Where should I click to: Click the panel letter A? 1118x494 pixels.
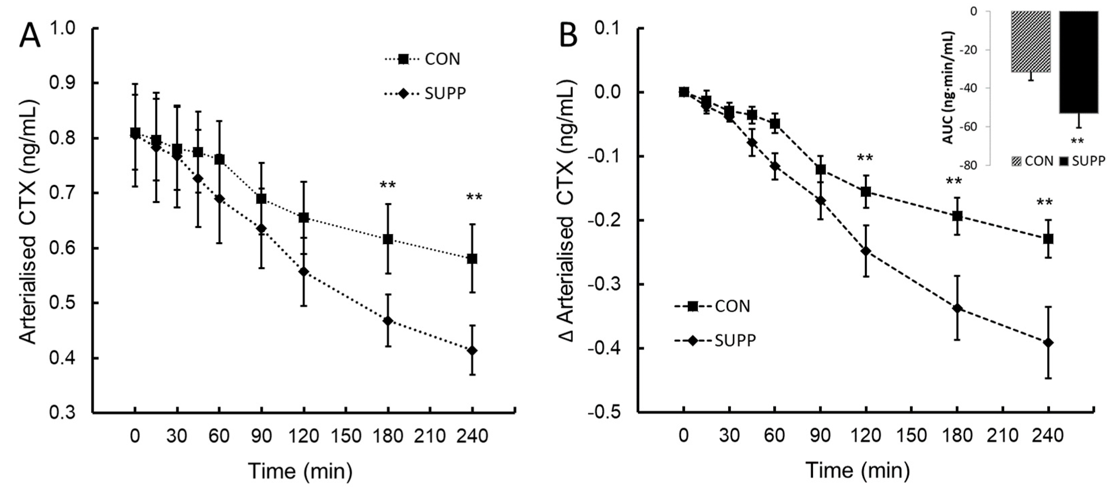click(x=30, y=36)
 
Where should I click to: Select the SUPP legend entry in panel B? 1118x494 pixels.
click(x=735, y=340)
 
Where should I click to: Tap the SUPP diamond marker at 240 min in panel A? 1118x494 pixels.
click(x=472, y=350)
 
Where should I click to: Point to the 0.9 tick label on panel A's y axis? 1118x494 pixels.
click(x=63, y=83)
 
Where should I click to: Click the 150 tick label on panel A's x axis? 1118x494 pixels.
click(x=345, y=436)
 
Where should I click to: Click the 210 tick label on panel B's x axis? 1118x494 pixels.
click(x=1003, y=436)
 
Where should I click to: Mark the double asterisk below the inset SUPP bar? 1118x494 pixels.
click(x=1078, y=141)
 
